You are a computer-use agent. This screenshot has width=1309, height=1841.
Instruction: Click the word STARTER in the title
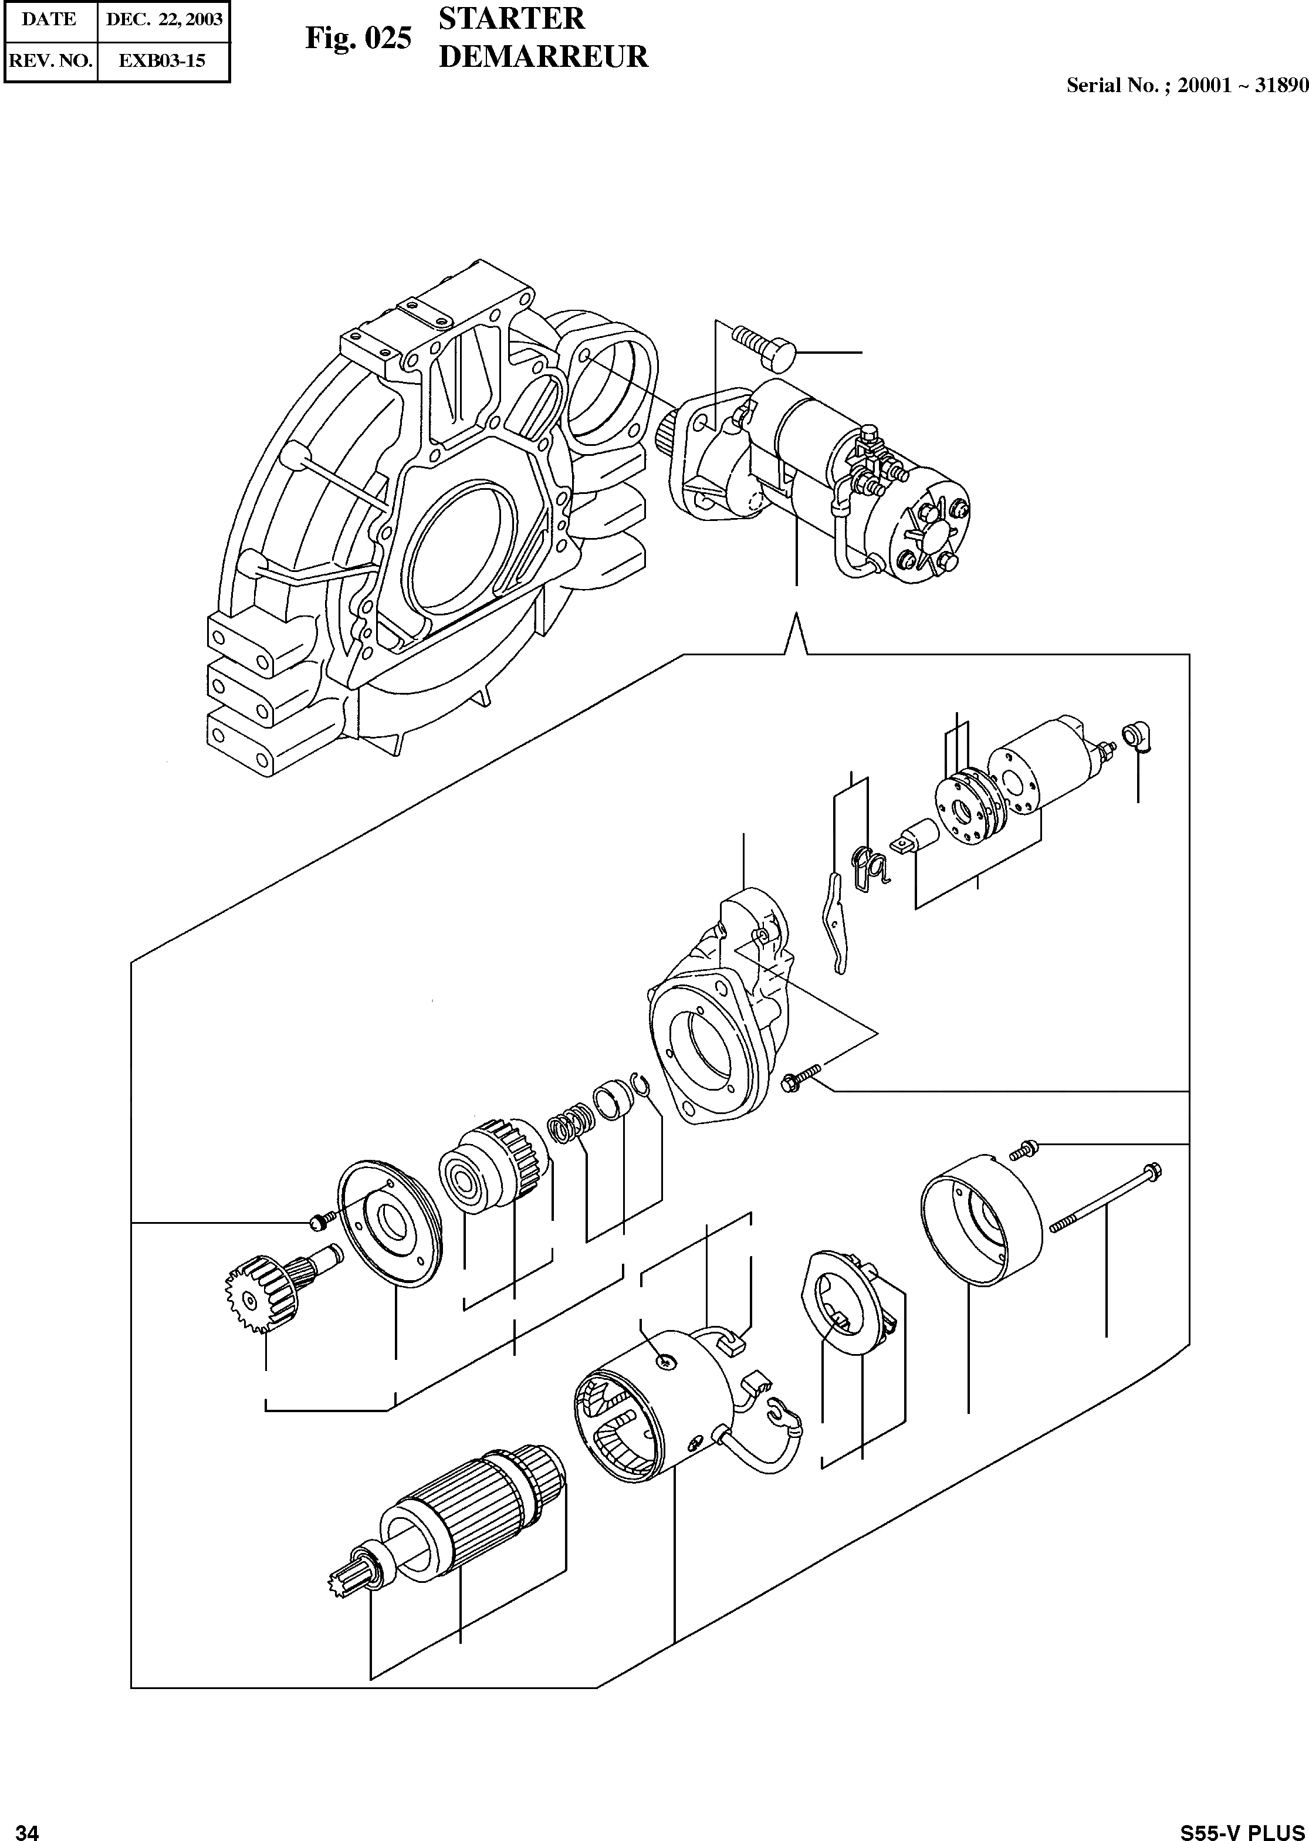[x=511, y=19]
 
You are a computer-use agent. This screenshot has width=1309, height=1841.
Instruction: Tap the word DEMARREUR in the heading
[x=543, y=56]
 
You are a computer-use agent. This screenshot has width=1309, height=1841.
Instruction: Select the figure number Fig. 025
[x=358, y=38]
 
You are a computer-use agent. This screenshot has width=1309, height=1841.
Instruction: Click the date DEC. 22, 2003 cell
[x=164, y=20]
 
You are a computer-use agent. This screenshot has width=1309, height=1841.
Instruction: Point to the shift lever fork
[x=836, y=923]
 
